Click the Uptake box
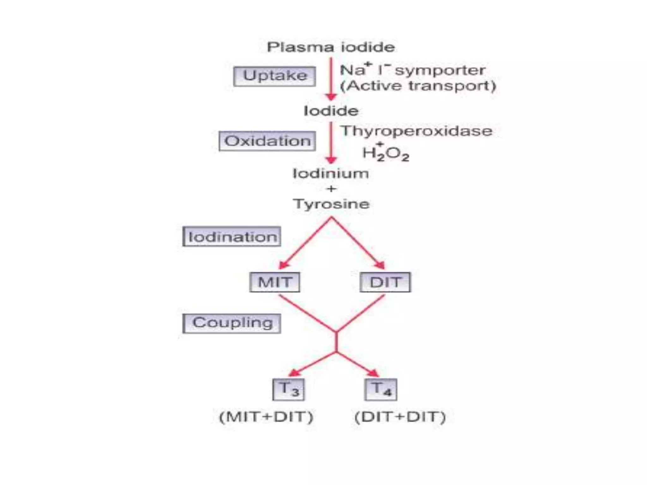tap(275, 76)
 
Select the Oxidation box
tap(267, 141)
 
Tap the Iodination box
tap(232, 237)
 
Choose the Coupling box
tap(232, 323)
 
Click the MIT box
tap(275, 282)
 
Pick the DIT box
tap(385, 282)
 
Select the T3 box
tap(288, 389)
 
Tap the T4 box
tap(381, 389)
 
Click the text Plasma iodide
tap(331, 47)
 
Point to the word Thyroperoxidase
tap(416, 131)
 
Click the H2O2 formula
tap(386, 154)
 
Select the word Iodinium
tap(331, 174)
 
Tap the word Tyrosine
tap(331, 204)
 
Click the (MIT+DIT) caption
tap(266, 417)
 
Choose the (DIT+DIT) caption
tap(400, 417)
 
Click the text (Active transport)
tap(418, 86)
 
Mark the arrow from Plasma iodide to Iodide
tap(331, 79)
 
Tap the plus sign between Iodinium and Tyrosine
tap(331, 189)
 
